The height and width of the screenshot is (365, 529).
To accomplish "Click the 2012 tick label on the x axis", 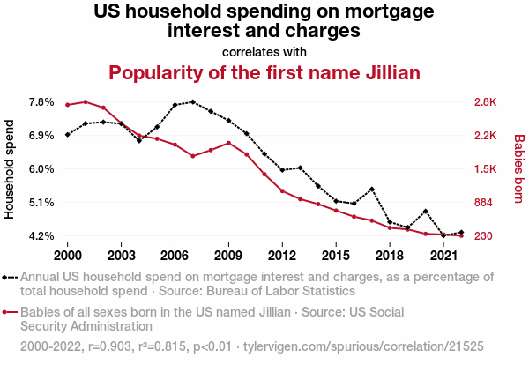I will (282, 255).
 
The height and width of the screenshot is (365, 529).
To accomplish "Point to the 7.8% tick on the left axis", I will (41, 102).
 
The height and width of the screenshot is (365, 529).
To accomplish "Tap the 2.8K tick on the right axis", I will (486, 102).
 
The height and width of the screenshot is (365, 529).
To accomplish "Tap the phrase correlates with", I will (264, 50).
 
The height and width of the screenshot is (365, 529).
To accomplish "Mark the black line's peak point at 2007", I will (192, 102).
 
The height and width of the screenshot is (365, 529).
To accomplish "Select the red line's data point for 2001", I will (86, 101).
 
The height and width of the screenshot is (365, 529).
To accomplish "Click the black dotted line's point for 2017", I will (372, 189).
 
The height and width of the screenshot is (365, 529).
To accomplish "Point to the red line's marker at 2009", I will (228, 143).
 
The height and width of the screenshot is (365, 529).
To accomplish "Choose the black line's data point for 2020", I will (426, 212).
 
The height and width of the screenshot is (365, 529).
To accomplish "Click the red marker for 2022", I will (461, 235).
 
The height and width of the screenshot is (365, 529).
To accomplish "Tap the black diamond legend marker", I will (10, 277).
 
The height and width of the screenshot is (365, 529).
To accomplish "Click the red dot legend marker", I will (10, 312).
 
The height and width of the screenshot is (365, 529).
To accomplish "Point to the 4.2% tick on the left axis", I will (41, 236).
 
